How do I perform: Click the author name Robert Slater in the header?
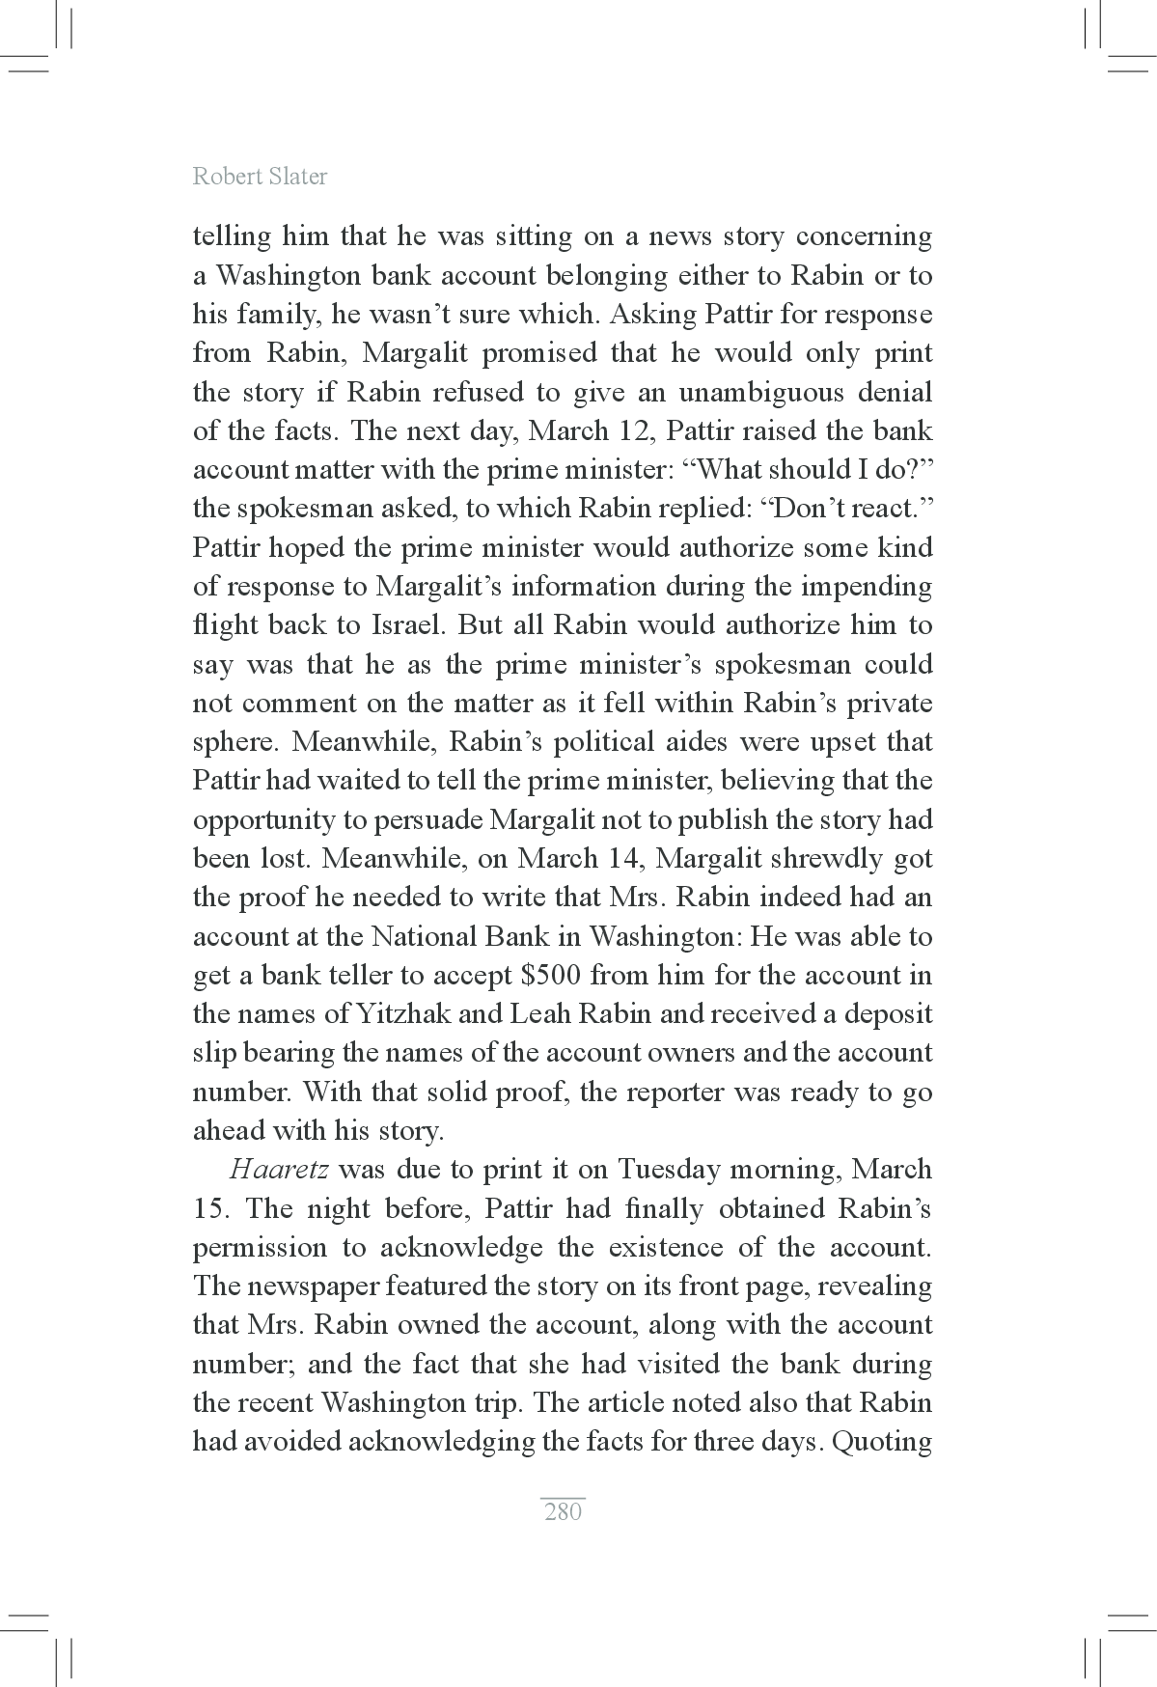pyautogui.click(x=260, y=177)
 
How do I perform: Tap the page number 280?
pyautogui.click(x=563, y=1511)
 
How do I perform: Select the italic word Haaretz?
pyautogui.click(x=279, y=1170)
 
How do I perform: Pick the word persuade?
pyautogui.click(x=427, y=819)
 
